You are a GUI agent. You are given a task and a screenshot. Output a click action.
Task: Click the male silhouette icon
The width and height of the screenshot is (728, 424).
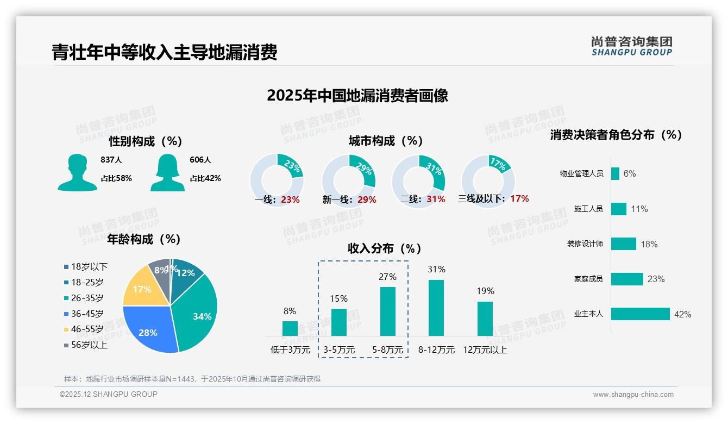click(77, 172)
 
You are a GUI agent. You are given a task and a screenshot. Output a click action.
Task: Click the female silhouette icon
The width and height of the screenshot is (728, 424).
click(167, 172)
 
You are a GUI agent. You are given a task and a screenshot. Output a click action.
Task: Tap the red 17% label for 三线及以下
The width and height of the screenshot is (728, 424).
click(519, 198)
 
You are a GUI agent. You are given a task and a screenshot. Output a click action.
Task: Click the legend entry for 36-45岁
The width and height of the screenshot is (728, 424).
click(87, 314)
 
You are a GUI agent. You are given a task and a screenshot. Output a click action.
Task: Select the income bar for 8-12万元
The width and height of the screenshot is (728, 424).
click(436, 308)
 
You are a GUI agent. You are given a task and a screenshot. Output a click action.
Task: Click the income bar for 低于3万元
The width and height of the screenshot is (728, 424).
click(290, 328)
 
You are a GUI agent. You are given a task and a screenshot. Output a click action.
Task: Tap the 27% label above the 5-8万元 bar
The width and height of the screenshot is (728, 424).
click(387, 277)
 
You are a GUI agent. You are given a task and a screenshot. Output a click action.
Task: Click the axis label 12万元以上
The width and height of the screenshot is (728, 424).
click(485, 350)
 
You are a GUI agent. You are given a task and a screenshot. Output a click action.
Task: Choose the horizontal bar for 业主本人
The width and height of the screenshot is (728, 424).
click(640, 314)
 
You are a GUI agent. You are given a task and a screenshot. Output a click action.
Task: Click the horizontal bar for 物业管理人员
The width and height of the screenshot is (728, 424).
click(615, 173)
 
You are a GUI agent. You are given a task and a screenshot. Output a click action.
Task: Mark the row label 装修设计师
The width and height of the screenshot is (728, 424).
click(585, 244)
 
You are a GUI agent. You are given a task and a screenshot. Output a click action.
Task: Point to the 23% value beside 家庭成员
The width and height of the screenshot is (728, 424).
click(656, 279)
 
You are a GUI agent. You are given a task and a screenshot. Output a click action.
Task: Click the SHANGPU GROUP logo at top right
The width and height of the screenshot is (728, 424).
click(631, 46)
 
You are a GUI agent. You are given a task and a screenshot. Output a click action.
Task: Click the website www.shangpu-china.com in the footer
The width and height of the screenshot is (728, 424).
click(633, 395)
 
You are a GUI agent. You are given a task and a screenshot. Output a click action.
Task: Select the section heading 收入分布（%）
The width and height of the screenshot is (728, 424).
click(385, 248)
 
